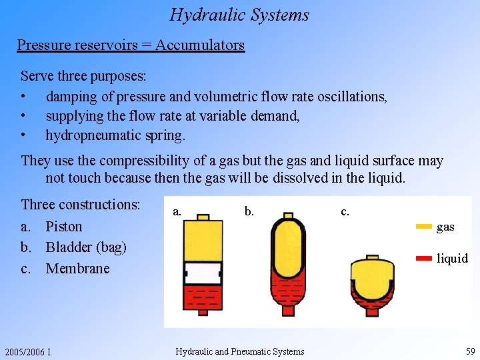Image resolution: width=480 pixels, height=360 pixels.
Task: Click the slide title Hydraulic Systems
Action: tap(239, 15)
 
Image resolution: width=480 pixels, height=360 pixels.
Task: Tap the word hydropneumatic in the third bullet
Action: tap(95, 135)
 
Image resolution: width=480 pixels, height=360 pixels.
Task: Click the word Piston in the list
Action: tap(64, 227)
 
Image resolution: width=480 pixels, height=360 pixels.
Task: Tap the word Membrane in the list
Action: tap(77, 269)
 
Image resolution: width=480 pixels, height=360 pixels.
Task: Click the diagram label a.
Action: tap(177, 211)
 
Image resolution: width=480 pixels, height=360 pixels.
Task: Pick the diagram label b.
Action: tap(249, 211)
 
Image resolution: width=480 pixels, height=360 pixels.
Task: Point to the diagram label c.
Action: tap(345, 211)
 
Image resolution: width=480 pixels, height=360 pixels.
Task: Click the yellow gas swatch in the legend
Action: tap(423, 227)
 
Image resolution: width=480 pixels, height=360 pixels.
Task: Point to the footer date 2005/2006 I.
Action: tap(28, 352)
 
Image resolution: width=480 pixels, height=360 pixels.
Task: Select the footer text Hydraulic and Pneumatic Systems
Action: tap(239, 352)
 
